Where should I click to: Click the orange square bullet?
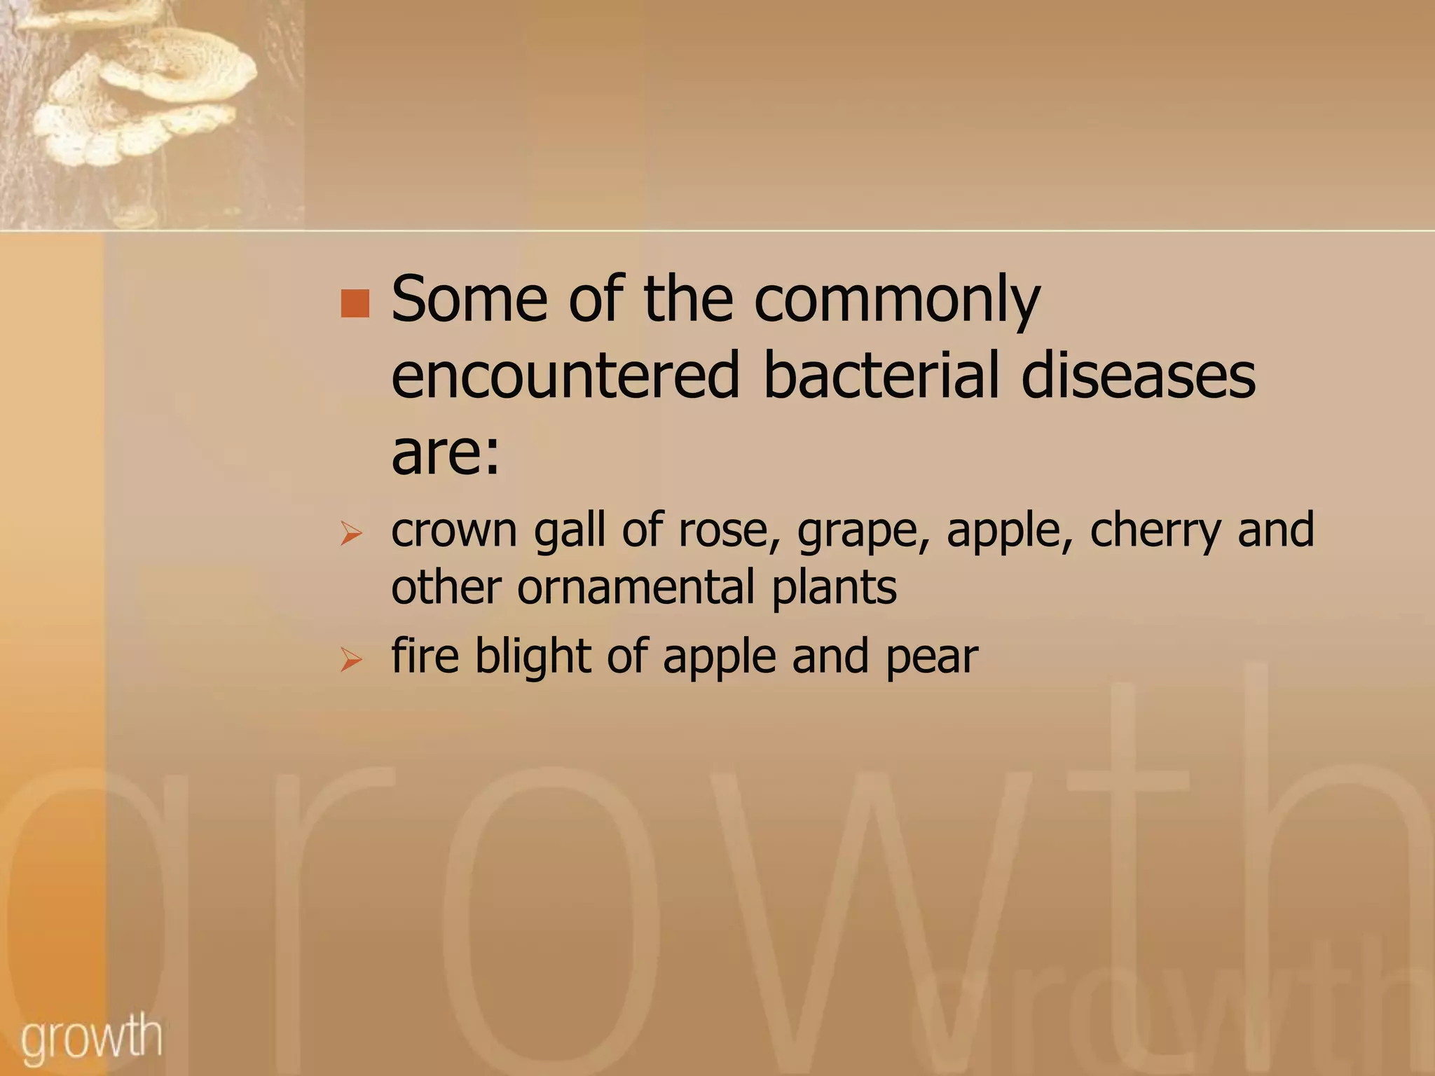[355, 303]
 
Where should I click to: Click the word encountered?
[565, 376]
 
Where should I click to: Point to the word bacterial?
[879, 376]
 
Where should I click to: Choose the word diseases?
[1138, 376]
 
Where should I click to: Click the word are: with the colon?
[446, 453]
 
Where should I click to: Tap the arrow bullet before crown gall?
[350, 534]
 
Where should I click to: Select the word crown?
[454, 530]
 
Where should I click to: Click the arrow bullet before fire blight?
[350, 660]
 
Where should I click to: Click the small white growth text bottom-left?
[91, 1037]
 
